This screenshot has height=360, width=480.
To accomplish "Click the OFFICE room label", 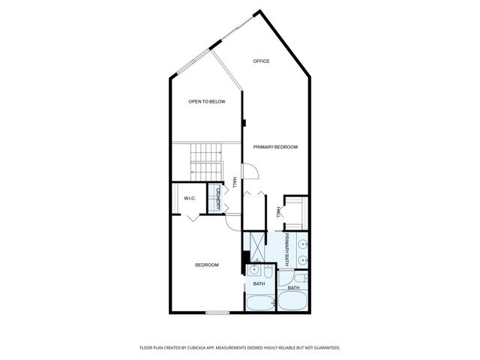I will click(x=261, y=61).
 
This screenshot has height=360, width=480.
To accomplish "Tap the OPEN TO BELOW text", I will click(x=207, y=101).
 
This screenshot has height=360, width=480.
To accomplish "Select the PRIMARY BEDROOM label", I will click(x=275, y=147).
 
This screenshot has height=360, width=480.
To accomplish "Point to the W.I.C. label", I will click(x=190, y=199).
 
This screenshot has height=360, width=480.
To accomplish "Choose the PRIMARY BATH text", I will click(x=286, y=250).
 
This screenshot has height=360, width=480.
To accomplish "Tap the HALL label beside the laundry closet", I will click(x=234, y=182).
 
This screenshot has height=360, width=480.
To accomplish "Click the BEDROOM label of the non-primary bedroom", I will click(x=207, y=265).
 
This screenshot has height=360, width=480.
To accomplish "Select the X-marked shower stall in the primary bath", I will click(x=257, y=243).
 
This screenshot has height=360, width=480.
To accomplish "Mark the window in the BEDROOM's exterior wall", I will click(x=217, y=312).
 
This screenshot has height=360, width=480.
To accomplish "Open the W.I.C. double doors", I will click(x=193, y=214).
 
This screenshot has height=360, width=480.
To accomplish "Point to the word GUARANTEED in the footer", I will click(x=324, y=348).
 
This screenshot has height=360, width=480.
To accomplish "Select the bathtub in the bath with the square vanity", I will click(x=260, y=303).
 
